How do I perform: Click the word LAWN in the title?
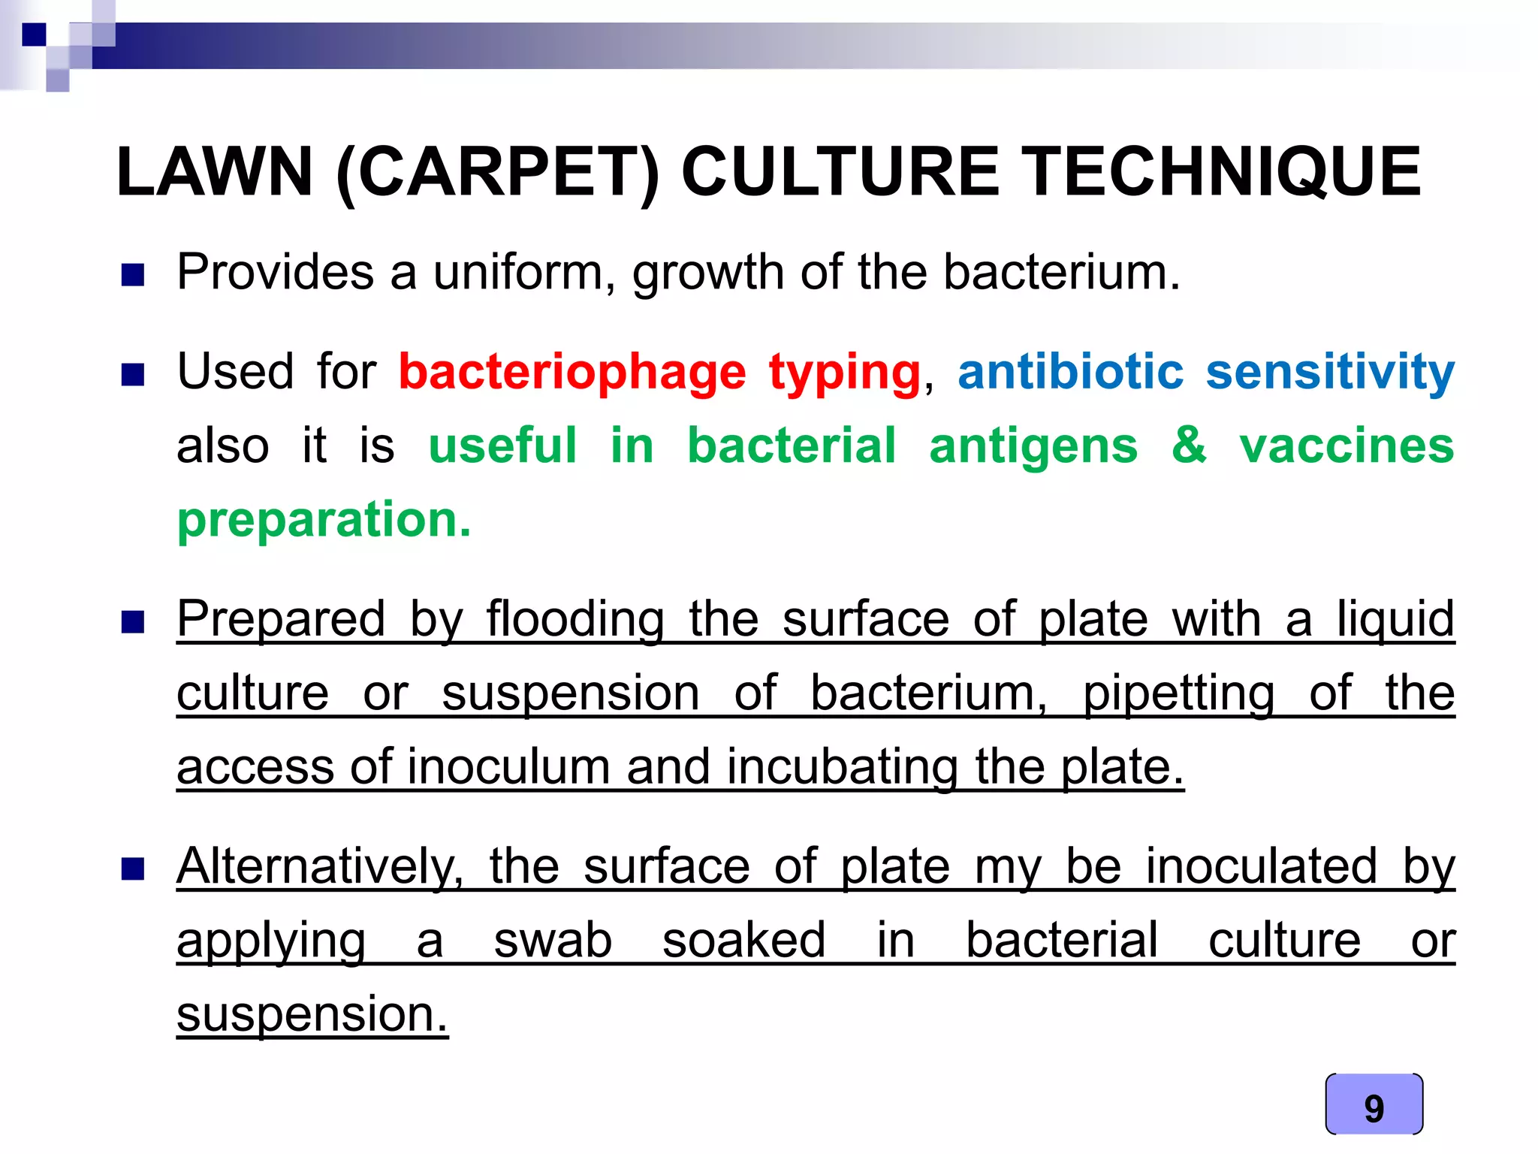[215, 172]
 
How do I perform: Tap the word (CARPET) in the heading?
[497, 174]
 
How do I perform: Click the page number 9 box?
[1374, 1104]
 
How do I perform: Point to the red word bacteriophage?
[571, 373]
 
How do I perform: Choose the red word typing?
[844, 373]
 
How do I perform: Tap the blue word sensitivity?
[1330, 373]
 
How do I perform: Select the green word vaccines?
[1347, 446]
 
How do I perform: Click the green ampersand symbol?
[1189, 445]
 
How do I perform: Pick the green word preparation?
[324, 520]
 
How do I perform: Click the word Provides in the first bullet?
[275, 272]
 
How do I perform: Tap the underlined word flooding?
[575, 620]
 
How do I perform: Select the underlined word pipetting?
[1178, 693]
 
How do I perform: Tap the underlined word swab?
[553, 940]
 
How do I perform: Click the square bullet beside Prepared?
[133, 622]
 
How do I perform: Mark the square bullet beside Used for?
[133, 374]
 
